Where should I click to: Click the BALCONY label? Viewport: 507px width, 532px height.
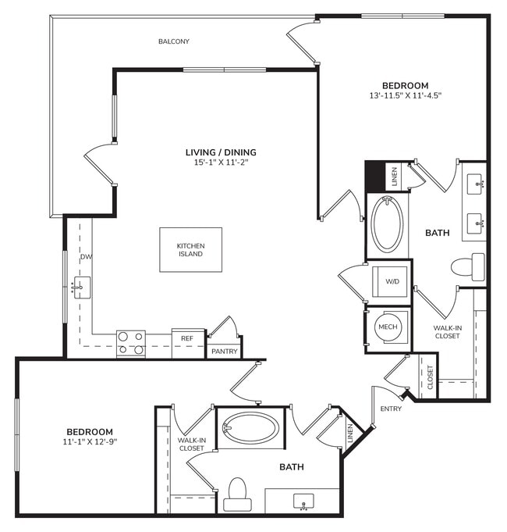pos(174,41)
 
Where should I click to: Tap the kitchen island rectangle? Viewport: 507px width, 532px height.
pos(190,249)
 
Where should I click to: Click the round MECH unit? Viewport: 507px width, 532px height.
pos(388,327)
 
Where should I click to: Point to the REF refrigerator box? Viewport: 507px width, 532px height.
pos(187,338)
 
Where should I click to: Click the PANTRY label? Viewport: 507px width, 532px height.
pos(224,352)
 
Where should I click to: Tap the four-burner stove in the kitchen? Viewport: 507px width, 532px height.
pos(131,343)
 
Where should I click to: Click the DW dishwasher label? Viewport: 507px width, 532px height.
pos(85,256)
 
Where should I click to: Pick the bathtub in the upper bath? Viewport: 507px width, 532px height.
pos(387,225)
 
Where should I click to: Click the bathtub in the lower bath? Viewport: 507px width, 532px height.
pos(250,429)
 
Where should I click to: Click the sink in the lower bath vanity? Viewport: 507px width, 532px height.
pos(303,500)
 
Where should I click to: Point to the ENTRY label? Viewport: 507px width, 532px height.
pos(390,409)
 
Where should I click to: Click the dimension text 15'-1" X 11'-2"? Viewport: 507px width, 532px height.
pos(221,163)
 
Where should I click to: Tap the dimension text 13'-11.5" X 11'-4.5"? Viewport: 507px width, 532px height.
pos(406,96)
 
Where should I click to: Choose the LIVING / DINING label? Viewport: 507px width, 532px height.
pos(221,152)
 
